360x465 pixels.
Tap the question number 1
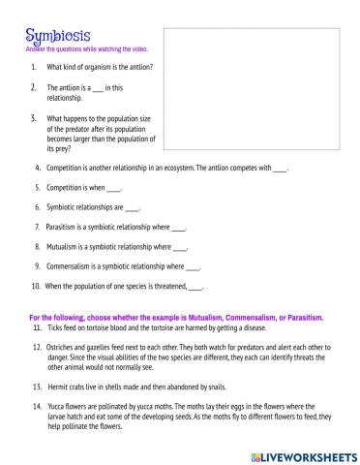[35, 67]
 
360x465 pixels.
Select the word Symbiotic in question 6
[62, 207]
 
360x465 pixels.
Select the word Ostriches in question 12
[63, 348]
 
